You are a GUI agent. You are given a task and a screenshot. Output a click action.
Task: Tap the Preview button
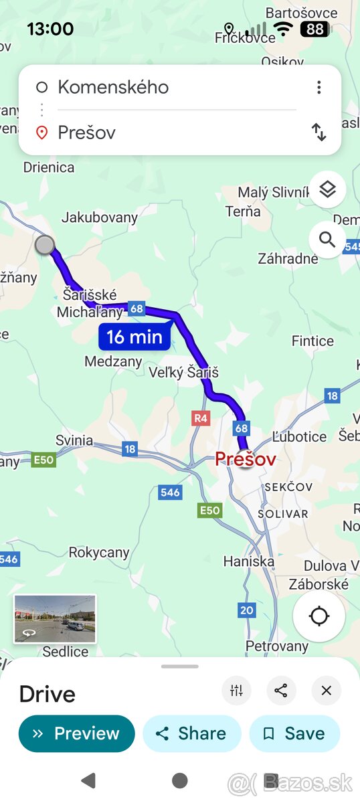[x=76, y=733]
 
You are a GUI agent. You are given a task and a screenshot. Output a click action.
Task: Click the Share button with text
[x=191, y=733]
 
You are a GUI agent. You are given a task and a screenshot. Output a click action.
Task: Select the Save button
[x=294, y=733]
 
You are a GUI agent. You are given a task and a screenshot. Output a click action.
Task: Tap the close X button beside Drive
[x=326, y=691]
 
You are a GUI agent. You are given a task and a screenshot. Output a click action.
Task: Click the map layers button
[x=327, y=190]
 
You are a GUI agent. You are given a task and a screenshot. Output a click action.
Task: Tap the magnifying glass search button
[x=327, y=240]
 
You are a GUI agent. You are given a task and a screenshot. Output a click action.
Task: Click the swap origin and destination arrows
[x=319, y=132]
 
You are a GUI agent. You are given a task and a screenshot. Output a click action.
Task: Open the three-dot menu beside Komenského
[x=319, y=87]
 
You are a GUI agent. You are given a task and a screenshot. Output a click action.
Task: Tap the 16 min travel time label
[x=134, y=337]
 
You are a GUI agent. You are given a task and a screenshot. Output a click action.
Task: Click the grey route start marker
[x=45, y=245]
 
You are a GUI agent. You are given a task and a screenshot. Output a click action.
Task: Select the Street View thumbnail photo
[x=55, y=619]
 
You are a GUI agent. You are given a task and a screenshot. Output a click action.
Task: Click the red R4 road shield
[x=201, y=418]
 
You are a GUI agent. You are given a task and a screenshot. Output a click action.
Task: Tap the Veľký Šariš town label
[x=183, y=373]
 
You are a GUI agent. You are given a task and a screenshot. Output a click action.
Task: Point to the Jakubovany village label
[x=100, y=217]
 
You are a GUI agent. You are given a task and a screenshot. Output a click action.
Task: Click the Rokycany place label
[x=99, y=552]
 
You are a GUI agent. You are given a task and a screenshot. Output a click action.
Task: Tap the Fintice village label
[x=312, y=341]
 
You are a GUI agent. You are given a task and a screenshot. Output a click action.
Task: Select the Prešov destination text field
[x=167, y=132]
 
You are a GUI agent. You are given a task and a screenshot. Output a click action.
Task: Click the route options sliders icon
[x=236, y=691]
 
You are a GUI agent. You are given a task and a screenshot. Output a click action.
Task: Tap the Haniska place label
[x=249, y=561]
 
